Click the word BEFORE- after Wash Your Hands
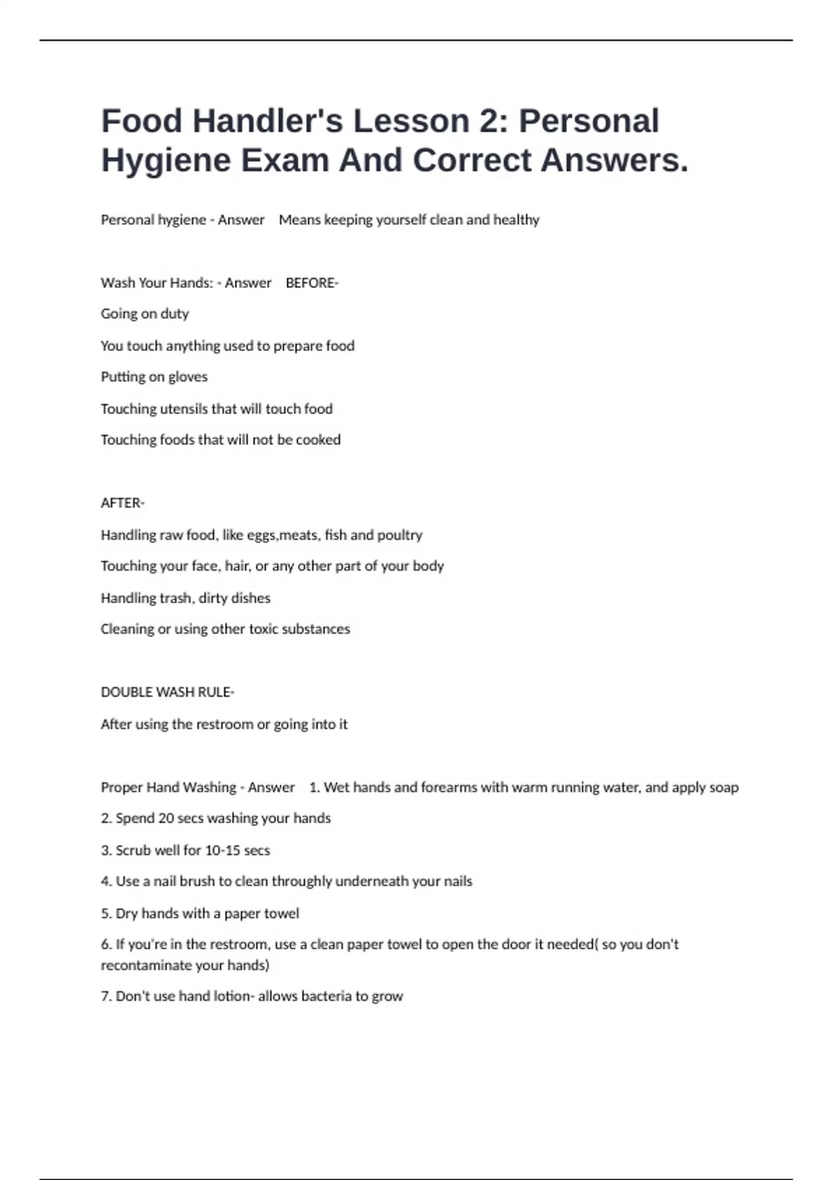(x=312, y=283)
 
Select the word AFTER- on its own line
(x=122, y=503)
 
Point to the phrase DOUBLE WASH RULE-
(x=167, y=692)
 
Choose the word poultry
(x=400, y=535)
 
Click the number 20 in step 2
(x=166, y=818)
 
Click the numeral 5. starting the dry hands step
(x=106, y=913)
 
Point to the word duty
(x=174, y=314)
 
